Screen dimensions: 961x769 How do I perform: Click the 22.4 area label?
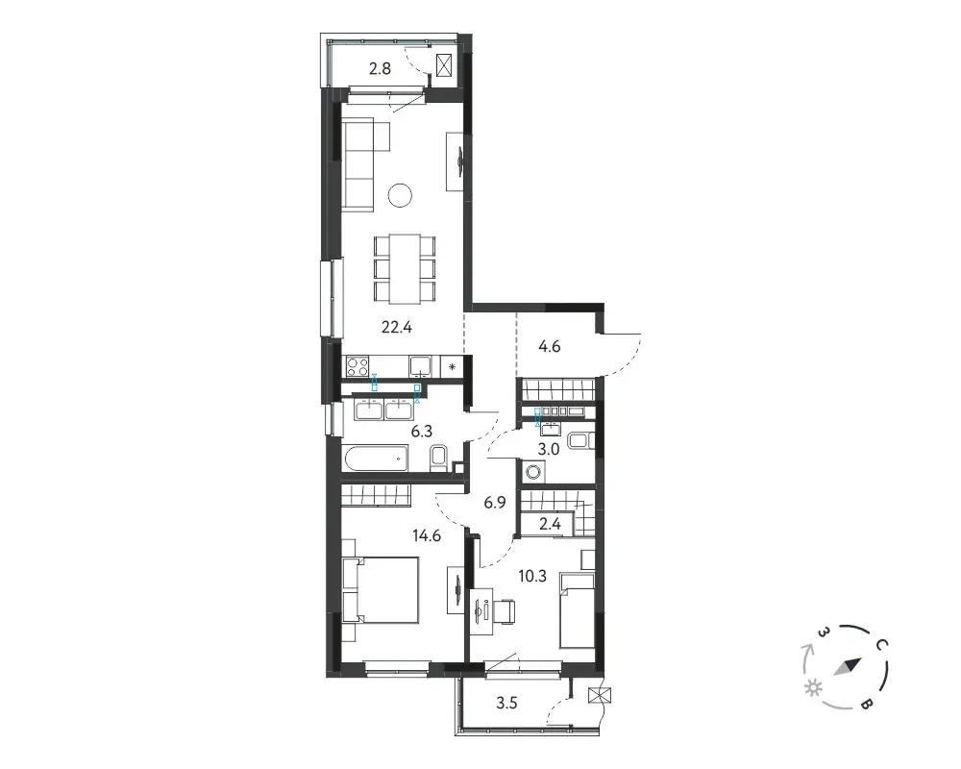tap(397, 328)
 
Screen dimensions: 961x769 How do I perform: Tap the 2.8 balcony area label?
tap(380, 68)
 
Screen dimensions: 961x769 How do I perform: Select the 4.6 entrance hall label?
tap(549, 346)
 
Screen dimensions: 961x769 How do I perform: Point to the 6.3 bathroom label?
tap(422, 431)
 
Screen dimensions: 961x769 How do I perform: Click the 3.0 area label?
tap(549, 449)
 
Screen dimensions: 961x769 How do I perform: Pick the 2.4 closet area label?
tap(549, 524)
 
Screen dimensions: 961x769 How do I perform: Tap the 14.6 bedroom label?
tap(427, 536)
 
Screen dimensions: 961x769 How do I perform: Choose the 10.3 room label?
tap(532, 577)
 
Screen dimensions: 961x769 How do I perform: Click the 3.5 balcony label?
tap(506, 703)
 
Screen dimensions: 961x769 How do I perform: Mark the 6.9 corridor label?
tap(495, 503)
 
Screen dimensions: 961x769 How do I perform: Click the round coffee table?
tap(400, 196)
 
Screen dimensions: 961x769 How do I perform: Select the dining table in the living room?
tap(406, 268)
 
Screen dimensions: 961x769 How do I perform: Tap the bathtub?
tap(376, 459)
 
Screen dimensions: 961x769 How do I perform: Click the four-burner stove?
tap(357, 366)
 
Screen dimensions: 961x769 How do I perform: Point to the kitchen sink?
tap(421, 366)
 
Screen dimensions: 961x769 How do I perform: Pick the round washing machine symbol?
tap(532, 472)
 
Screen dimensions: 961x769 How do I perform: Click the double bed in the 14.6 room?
tap(381, 590)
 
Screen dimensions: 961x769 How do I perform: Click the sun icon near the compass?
tap(813, 688)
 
